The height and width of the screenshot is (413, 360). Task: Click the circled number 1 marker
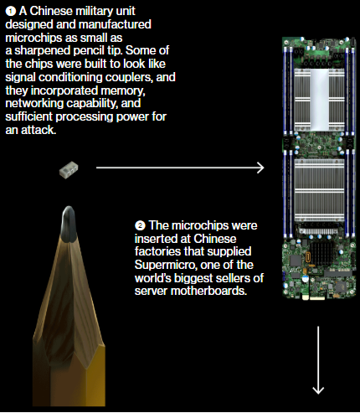(10, 12)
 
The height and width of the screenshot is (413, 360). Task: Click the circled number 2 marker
(140, 225)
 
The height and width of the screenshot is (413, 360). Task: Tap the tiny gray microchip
(69, 170)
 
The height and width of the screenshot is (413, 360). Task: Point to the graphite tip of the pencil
(69, 224)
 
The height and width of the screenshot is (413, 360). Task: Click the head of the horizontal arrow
(260, 168)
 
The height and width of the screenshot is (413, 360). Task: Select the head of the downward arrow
(318, 390)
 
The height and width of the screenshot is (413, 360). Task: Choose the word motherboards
(208, 291)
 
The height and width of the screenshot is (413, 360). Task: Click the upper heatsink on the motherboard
(319, 100)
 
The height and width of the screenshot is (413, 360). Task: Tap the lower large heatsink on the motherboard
(319, 190)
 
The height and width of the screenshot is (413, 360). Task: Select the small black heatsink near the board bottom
(322, 253)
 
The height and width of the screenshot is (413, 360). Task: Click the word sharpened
(42, 51)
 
